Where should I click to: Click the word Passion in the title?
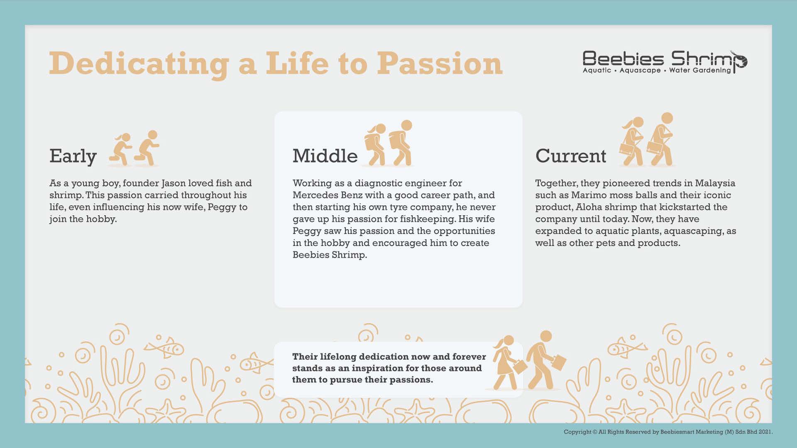coord(440,63)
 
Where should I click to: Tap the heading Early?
coord(73,156)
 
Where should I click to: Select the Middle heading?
coord(325,156)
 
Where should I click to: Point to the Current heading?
coord(571,156)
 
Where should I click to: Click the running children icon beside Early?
coord(134,148)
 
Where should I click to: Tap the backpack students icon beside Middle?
coord(389,143)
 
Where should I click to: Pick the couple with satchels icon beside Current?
coord(647,139)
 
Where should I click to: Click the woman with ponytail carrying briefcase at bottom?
coord(509,363)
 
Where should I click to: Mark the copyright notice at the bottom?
coord(668,432)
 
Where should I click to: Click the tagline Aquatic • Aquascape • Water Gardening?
coord(657,70)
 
